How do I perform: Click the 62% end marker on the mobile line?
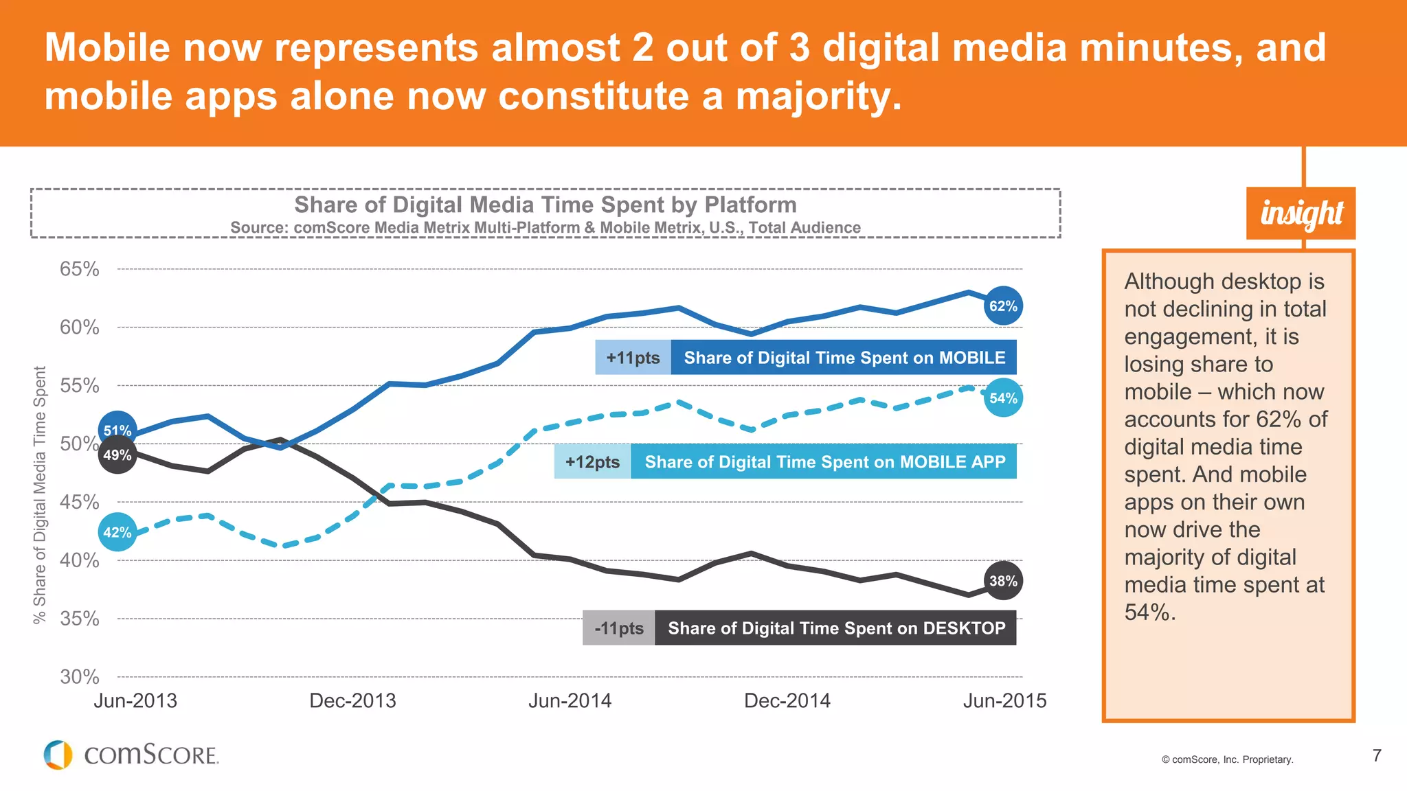pos(1003,306)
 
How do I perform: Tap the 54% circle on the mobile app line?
pos(1003,398)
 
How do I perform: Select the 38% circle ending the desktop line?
pos(1003,581)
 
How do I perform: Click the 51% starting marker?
pos(117,430)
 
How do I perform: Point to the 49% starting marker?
pos(117,455)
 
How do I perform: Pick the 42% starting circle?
pos(117,532)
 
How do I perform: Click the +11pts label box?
pos(633,358)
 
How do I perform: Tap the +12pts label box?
pos(592,462)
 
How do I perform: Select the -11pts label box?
pos(619,628)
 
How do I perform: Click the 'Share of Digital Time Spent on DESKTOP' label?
pos(836,628)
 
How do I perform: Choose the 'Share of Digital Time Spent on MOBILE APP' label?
pos(824,462)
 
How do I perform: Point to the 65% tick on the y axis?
pos(80,269)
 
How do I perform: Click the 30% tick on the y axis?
pos(80,677)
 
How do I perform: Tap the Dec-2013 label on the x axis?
pos(352,701)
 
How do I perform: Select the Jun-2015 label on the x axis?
pos(1004,701)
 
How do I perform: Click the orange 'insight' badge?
pos(1301,214)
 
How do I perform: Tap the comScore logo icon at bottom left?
pos(58,755)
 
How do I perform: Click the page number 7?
pos(1377,756)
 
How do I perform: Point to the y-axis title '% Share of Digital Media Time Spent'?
pos(40,494)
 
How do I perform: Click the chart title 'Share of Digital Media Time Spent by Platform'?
pos(545,205)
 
